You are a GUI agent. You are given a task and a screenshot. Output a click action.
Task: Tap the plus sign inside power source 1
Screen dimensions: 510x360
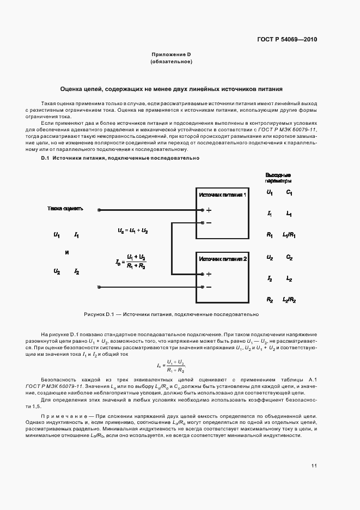(x=209, y=210)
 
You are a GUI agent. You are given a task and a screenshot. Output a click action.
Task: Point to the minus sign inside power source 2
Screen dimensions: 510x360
(x=209, y=287)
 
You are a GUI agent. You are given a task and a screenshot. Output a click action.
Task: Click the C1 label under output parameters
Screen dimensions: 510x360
(x=289, y=193)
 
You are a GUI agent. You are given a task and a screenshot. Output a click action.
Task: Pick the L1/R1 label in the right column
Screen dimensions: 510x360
(x=289, y=235)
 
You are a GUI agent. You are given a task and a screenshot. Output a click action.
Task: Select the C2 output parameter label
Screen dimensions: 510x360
(x=289, y=258)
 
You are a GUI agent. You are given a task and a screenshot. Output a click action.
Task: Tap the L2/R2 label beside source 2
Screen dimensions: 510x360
(x=289, y=300)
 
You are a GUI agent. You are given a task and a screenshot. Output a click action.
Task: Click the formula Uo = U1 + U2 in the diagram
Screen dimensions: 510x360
(x=133, y=231)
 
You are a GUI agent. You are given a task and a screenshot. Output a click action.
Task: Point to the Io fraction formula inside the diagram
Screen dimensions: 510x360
(x=131, y=262)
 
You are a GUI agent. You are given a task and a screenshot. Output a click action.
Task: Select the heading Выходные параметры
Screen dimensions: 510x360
(x=278, y=178)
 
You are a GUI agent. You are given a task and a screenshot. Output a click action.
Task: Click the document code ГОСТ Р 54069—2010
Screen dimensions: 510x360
(x=288, y=40)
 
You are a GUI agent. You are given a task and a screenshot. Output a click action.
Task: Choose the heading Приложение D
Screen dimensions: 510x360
(x=171, y=55)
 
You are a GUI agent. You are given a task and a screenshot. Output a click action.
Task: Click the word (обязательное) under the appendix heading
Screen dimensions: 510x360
(x=171, y=62)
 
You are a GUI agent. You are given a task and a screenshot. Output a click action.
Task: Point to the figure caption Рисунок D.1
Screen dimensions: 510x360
(x=171, y=314)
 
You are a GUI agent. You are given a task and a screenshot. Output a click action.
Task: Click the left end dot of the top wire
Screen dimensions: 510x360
(x=98, y=210)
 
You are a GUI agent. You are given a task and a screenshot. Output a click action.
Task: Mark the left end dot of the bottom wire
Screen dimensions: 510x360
(x=98, y=287)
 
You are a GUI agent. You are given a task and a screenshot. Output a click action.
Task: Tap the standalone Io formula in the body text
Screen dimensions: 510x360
(x=177, y=366)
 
